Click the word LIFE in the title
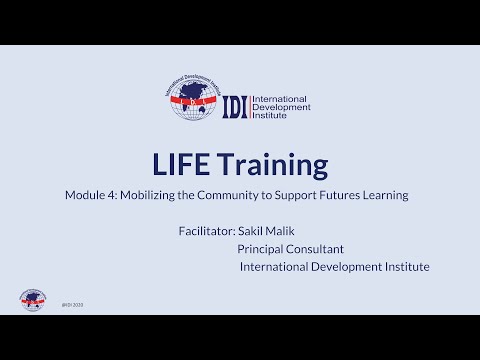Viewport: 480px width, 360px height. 183,164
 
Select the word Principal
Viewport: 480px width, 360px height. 263,248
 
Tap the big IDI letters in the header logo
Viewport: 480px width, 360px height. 233,105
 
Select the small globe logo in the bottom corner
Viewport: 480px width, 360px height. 33,300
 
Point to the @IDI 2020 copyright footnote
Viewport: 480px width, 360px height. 72,304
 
